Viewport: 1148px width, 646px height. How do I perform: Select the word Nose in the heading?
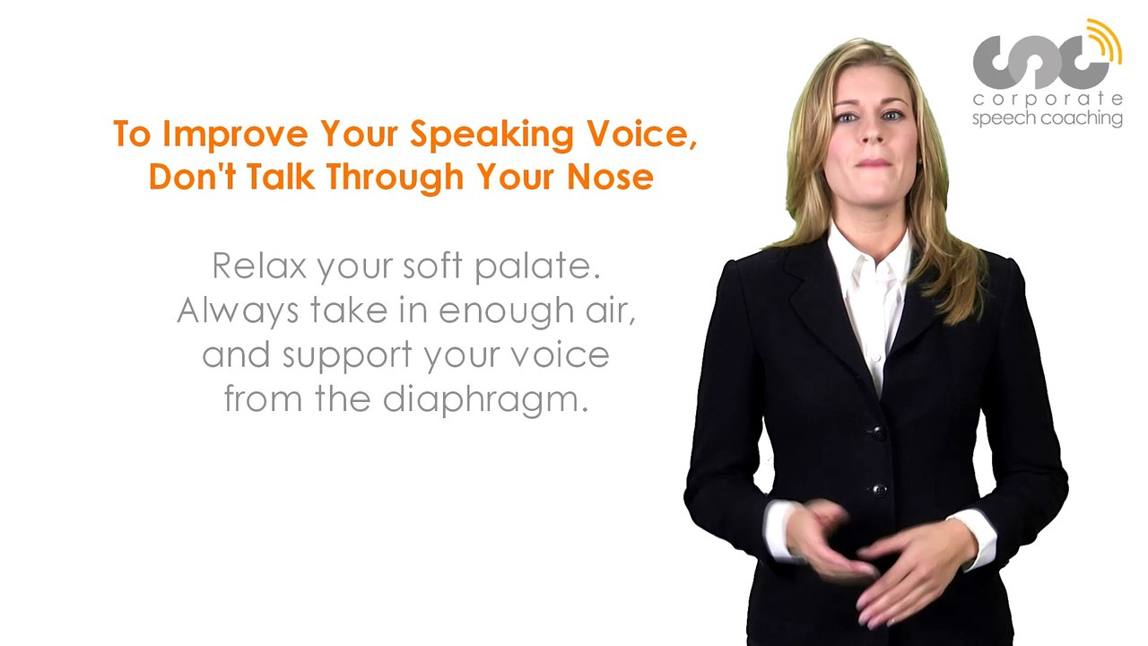pos(610,177)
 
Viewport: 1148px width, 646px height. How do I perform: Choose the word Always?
pos(239,310)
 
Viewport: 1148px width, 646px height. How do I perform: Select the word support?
pos(348,355)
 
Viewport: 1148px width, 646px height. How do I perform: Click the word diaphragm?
pos(485,400)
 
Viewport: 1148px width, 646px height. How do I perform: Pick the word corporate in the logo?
pos(1048,100)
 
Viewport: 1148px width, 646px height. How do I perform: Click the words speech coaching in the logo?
pos(1048,118)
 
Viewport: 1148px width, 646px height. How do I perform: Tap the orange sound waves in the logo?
pos(1105,40)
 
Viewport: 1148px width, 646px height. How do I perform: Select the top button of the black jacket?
pos(878,432)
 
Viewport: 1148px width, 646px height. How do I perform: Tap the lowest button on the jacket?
pos(879,490)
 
